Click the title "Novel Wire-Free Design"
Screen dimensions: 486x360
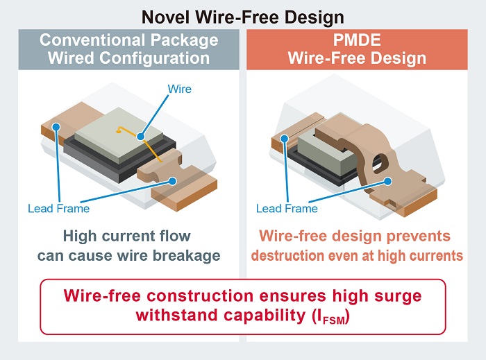coord(243,17)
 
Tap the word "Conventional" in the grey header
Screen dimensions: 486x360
coord(92,40)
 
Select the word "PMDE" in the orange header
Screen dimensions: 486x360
coord(357,40)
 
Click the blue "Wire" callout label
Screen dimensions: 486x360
coord(179,89)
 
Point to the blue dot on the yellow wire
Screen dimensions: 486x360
coord(141,136)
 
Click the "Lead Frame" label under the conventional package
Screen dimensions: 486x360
coord(58,208)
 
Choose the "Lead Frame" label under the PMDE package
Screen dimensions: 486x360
coord(287,208)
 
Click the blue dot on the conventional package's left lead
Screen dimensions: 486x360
coord(56,127)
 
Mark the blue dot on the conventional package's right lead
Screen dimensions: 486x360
coord(173,181)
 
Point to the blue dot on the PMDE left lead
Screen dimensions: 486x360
coord(285,138)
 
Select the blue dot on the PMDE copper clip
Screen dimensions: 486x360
coord(387,182)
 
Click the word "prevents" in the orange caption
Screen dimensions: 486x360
coord(419,236)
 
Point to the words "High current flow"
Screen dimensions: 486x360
coord(127,236)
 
